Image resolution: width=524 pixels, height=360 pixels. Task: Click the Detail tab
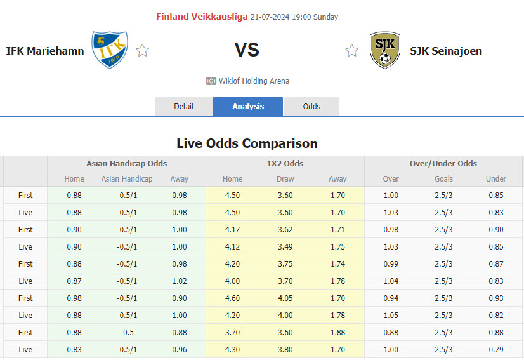[x=183, y=106]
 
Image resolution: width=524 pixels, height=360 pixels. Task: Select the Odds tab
[x=311, y=106]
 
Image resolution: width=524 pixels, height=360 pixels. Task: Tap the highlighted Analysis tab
[x=248, y=106]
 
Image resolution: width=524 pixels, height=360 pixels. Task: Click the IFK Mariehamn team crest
[x=109, y=50]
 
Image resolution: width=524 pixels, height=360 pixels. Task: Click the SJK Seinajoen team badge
[x=384, y=50]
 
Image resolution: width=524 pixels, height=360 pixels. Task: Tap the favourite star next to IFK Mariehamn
[x=143, y=51]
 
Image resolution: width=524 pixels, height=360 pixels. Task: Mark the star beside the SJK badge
[x=351, y=51]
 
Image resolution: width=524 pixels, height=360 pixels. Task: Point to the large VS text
[x=247, y=50]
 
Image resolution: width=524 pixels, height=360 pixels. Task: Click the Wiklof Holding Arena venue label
[x=254, y=81]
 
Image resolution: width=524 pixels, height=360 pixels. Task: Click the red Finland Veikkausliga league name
[x=202, y=17]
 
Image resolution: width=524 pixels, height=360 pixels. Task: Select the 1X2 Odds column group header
[x=285, y=163]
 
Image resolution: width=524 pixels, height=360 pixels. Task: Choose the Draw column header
[x=285, y=179]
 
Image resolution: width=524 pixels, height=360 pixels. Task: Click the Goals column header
[x=444, y=179]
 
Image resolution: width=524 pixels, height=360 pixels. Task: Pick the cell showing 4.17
[x=232, y=229]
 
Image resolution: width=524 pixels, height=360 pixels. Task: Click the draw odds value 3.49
[x=285, y=246]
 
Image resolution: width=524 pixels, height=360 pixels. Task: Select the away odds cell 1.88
[x=338, y=332]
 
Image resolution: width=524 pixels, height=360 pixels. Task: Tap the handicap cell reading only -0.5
[x=127, y=332]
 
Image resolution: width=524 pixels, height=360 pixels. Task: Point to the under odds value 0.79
[x=496, y=349]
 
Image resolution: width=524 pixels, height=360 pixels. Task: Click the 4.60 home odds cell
[x=232, y=298]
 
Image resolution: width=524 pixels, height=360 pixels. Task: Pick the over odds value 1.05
[x=391, y=315]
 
